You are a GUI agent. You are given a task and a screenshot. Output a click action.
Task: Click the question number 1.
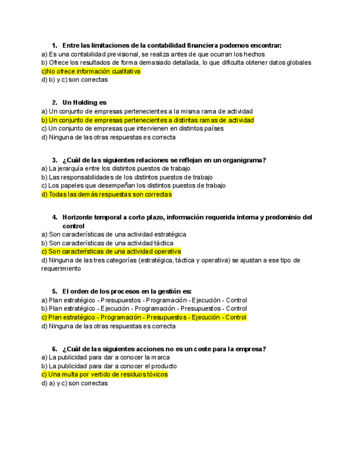(54, 45)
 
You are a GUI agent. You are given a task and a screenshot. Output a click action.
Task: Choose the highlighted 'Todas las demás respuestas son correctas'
(107, 195)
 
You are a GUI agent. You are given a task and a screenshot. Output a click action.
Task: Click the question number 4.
(54, 217)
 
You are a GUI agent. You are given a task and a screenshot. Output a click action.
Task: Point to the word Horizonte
(81, 217)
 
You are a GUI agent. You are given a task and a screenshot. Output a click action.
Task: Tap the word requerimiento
(61, 269)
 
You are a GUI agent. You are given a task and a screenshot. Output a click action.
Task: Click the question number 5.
(54, 291)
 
